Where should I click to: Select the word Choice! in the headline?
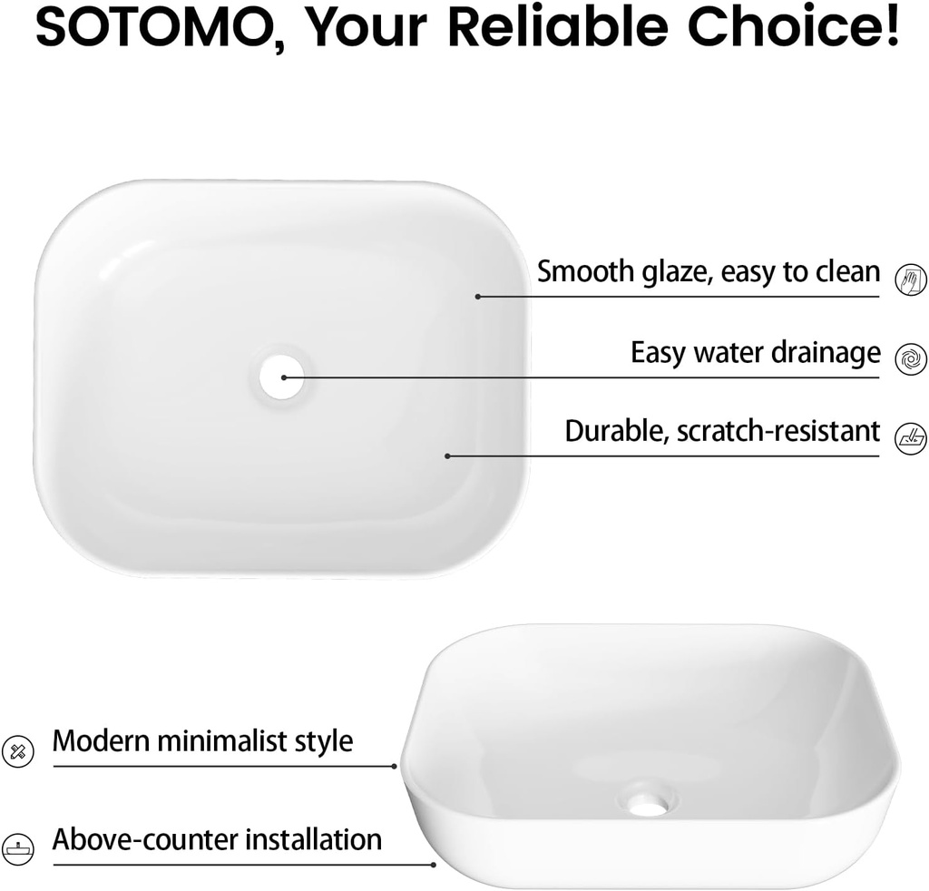click(793, 26)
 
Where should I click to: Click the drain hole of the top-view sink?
click(282, 377)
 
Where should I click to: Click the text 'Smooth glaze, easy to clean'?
click(709, 272)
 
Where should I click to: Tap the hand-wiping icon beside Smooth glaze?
click(910, 279)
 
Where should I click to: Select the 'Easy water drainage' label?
click(756, 352)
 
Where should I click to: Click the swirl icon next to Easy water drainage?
click(910, 359)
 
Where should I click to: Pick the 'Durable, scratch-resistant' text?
click(722, 431)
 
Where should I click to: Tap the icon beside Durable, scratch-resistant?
click(910, 439)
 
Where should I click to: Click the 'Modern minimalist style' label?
click(202, 741)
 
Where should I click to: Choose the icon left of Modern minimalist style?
click(18, 752)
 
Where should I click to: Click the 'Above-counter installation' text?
click(217, 839)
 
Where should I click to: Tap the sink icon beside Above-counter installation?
click(18, 849)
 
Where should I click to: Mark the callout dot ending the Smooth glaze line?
click(477, 296)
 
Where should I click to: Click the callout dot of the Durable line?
click(447, 456)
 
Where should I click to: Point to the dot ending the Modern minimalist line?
click(394, 767)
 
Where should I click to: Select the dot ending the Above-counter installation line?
click(434, 865)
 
